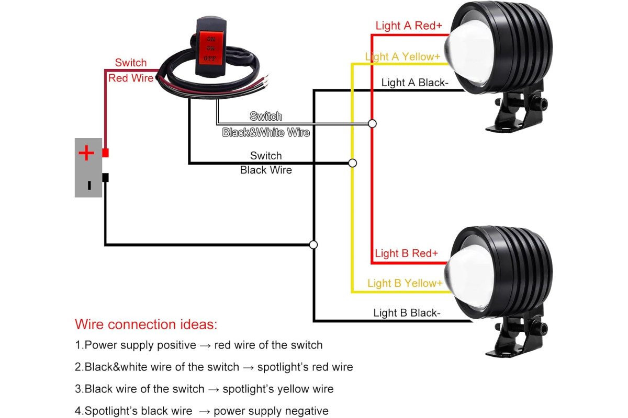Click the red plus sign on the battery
tap(86, 153)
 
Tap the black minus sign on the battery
tap(89, 185)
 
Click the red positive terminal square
tap(105, 153)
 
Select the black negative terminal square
tap(105, 178)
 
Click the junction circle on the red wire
tap(372, 123)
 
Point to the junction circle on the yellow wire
tap(352, 163)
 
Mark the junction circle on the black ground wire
tap(313, 245)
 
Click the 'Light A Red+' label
tap(409, 26)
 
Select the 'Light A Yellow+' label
tap(402, 57)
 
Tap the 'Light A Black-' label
tap(415, 83)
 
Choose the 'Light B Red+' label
tap(406, 253)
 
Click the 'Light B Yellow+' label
tap(405, 283)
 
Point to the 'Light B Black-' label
tap(407, 313)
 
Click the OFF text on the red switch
tap(210, 58)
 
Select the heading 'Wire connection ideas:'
tap(146, 324)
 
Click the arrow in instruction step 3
tap(214, 389)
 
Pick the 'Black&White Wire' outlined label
tap(266, 132)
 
